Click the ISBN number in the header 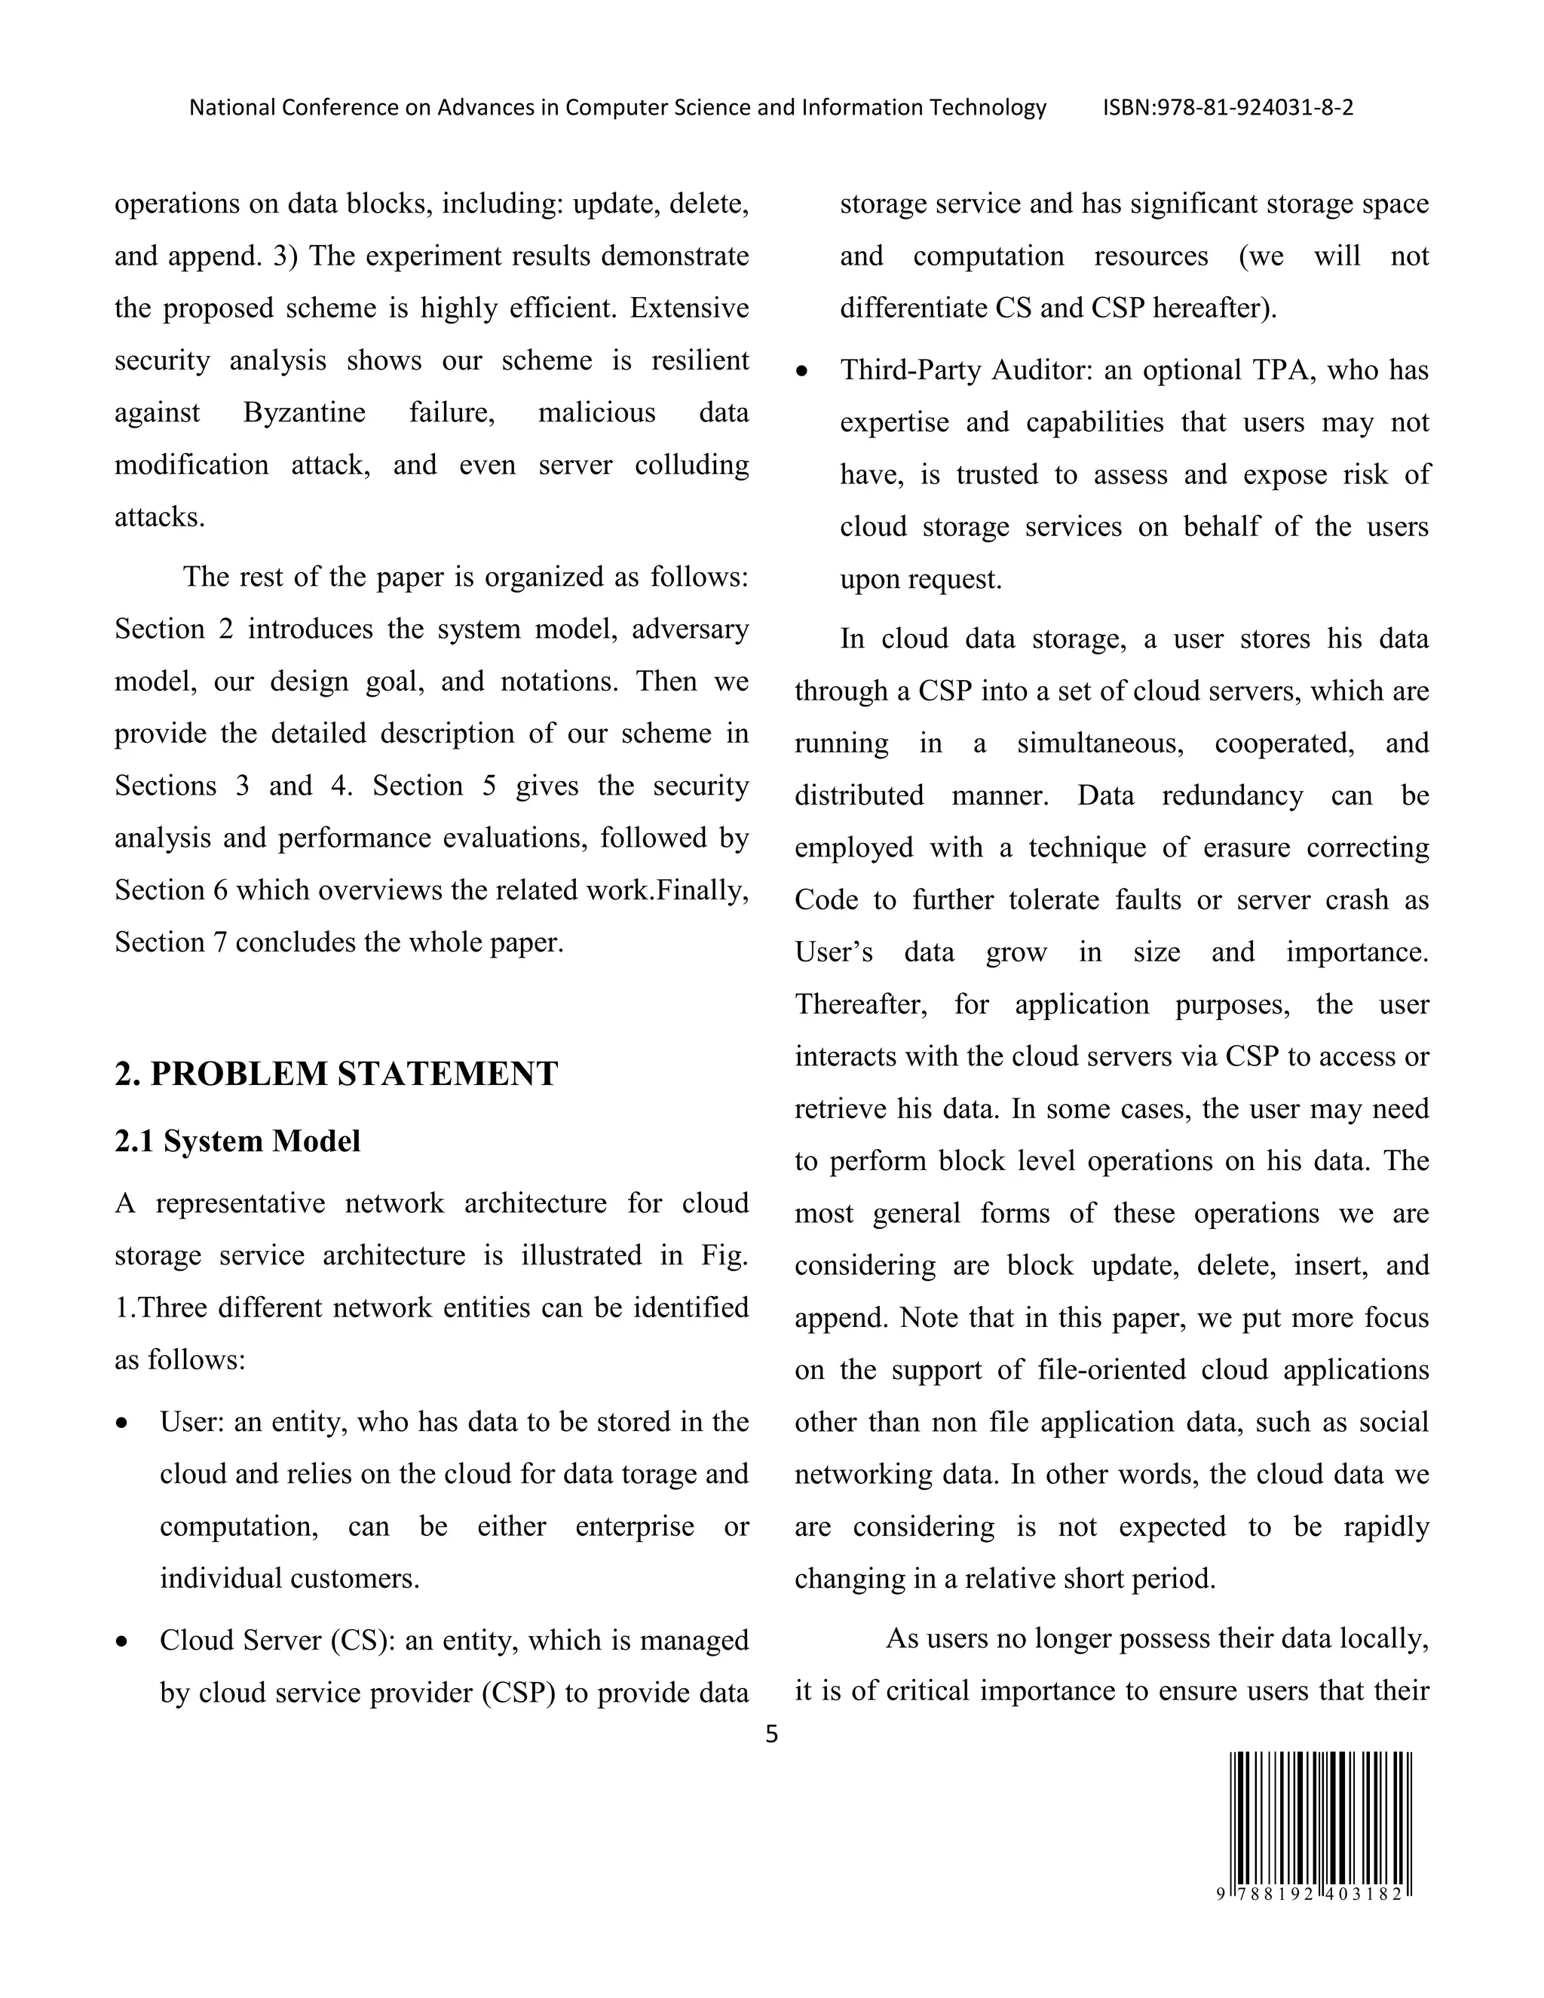point(1227,108)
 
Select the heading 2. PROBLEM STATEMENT point(335,1073)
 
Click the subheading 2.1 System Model point(237,1141)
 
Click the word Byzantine point(304,412)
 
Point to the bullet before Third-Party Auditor point(802,372)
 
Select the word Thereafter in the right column point(859,1004)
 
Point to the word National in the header point(231,108)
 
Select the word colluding point(691,464)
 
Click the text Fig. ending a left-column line point(725,1255)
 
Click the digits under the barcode point(1313,1894)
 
